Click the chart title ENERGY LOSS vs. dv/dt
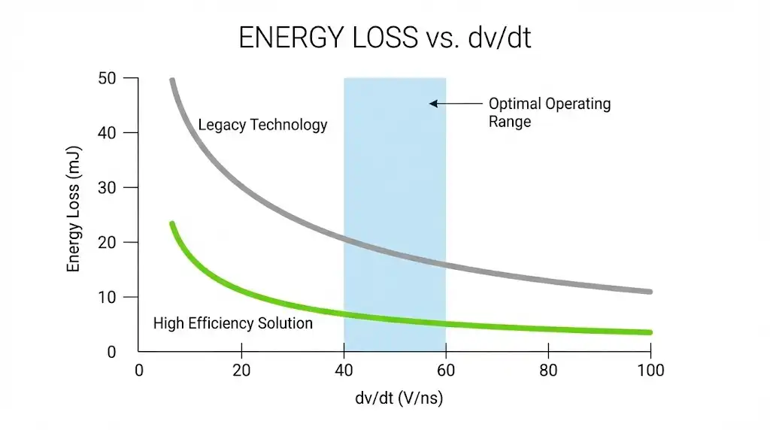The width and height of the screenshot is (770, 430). click(x=384, y=38)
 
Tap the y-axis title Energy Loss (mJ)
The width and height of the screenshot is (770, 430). click(x=74, y=215)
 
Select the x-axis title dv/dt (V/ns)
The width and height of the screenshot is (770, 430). click(x=399, y=398)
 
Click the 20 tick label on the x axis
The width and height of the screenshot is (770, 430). click(x=241, y=370)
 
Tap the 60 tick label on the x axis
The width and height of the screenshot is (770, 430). click(x=446, y=370)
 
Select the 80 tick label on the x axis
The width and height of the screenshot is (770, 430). click(x=548, y=370)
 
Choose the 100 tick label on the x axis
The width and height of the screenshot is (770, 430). click(x=650, y=370)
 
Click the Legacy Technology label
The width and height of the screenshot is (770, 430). click(x=262, y=125)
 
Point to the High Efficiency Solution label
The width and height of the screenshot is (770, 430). click(x=232, y=324)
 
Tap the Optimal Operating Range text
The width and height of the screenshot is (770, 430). click(x=549, y=112)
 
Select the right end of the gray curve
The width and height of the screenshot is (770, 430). click(x=649, y=291)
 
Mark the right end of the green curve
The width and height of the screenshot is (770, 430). click(x=649, y=332)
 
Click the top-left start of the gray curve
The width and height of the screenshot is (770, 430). click(x=172, y=80)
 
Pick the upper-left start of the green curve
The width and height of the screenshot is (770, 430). click(x=172, y=224)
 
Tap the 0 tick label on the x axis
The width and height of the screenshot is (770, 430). click(x=138, y=370)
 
